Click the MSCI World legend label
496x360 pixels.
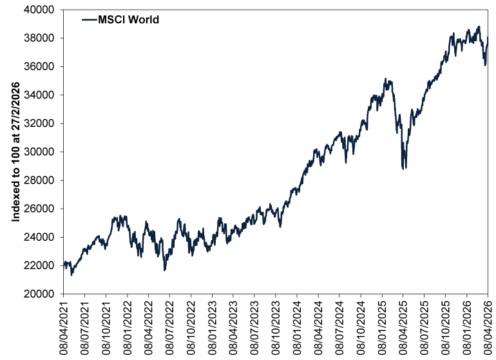[x=128, y=20]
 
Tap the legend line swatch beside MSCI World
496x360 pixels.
[x=88, y=20]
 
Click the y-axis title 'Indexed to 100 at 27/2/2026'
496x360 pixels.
[x=16, y=151]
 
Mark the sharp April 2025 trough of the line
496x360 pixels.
[x=403, y=169]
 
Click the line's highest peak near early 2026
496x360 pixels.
[x=479, y=27]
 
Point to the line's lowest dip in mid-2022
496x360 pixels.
[x=165, y=270]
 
